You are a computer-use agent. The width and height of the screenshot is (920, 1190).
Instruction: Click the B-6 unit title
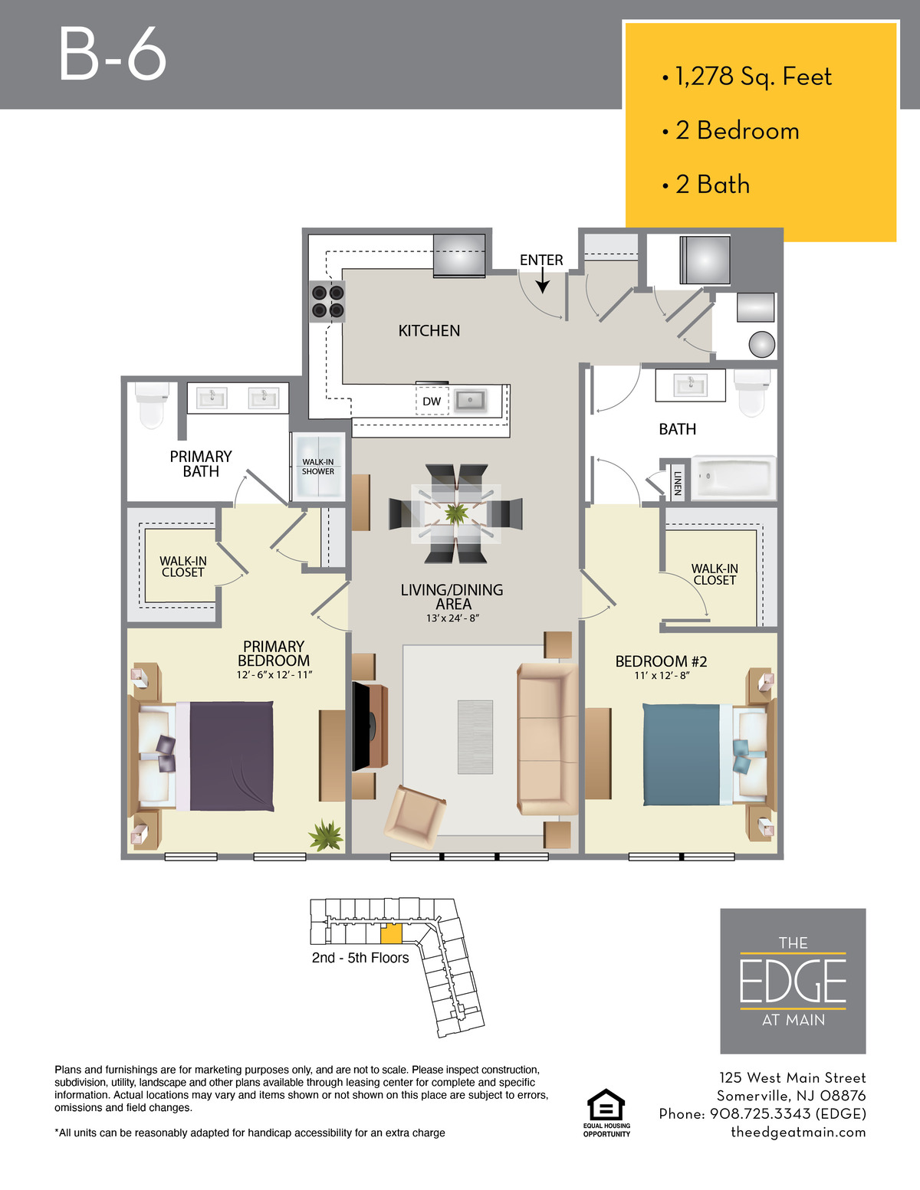113,55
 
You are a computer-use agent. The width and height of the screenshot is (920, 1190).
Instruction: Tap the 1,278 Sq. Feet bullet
747,77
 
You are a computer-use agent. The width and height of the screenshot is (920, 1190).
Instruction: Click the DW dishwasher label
432,402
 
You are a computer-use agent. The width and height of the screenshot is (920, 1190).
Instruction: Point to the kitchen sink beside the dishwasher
470,401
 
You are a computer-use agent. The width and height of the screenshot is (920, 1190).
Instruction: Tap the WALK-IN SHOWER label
318,467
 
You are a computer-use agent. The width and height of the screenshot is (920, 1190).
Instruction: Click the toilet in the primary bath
151,405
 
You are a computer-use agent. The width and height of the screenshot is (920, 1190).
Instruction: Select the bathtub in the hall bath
733,477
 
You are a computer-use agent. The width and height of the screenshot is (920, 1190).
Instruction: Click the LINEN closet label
678,483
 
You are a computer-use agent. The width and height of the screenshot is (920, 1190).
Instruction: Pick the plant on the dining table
456,513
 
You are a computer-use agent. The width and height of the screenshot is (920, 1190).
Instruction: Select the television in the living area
363,726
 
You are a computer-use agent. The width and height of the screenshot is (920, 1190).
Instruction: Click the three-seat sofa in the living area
547,739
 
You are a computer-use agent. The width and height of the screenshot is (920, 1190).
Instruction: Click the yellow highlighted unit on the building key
391,934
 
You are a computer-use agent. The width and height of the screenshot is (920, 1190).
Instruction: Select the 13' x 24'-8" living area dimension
452,618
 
